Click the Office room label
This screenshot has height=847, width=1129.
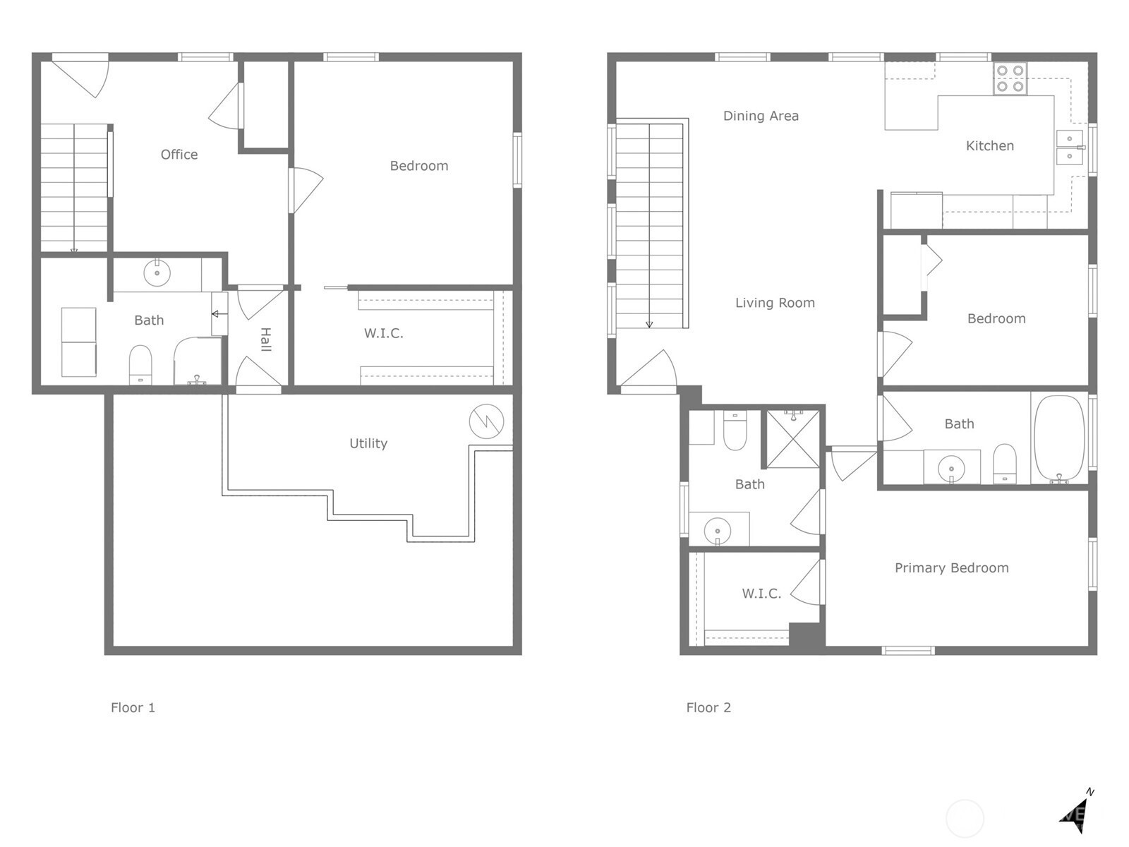pos(179,155)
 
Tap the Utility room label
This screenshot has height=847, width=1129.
pos(368,443)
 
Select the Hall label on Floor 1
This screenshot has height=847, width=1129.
pos(265,340)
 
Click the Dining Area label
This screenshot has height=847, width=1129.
pos(761,116)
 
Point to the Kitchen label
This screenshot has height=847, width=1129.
pos(989,146)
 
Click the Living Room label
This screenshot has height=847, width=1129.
pos(775,303)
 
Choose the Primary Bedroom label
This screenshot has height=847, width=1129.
pos(952,567)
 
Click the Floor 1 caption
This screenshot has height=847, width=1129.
pos(133,708)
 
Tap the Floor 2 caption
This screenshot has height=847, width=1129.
pos(708,708)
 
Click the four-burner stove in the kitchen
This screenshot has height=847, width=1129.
pos(1010,78)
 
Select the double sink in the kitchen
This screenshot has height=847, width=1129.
pos(1070,148)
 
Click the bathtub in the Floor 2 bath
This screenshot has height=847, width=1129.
pos(1060,438)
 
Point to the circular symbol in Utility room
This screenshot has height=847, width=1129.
pos(486,421)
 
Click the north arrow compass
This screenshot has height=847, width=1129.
pos(1076,817)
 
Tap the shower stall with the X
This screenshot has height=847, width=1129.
pos(793,439)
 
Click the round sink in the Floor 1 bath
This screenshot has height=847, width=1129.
pos(157,272)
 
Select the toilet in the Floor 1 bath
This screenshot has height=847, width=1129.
pos(140,365)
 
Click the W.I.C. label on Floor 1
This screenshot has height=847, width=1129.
pos(384,333)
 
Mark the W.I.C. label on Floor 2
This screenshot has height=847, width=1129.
pos(761,594)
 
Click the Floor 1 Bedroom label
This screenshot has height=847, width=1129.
pos(418,166)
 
